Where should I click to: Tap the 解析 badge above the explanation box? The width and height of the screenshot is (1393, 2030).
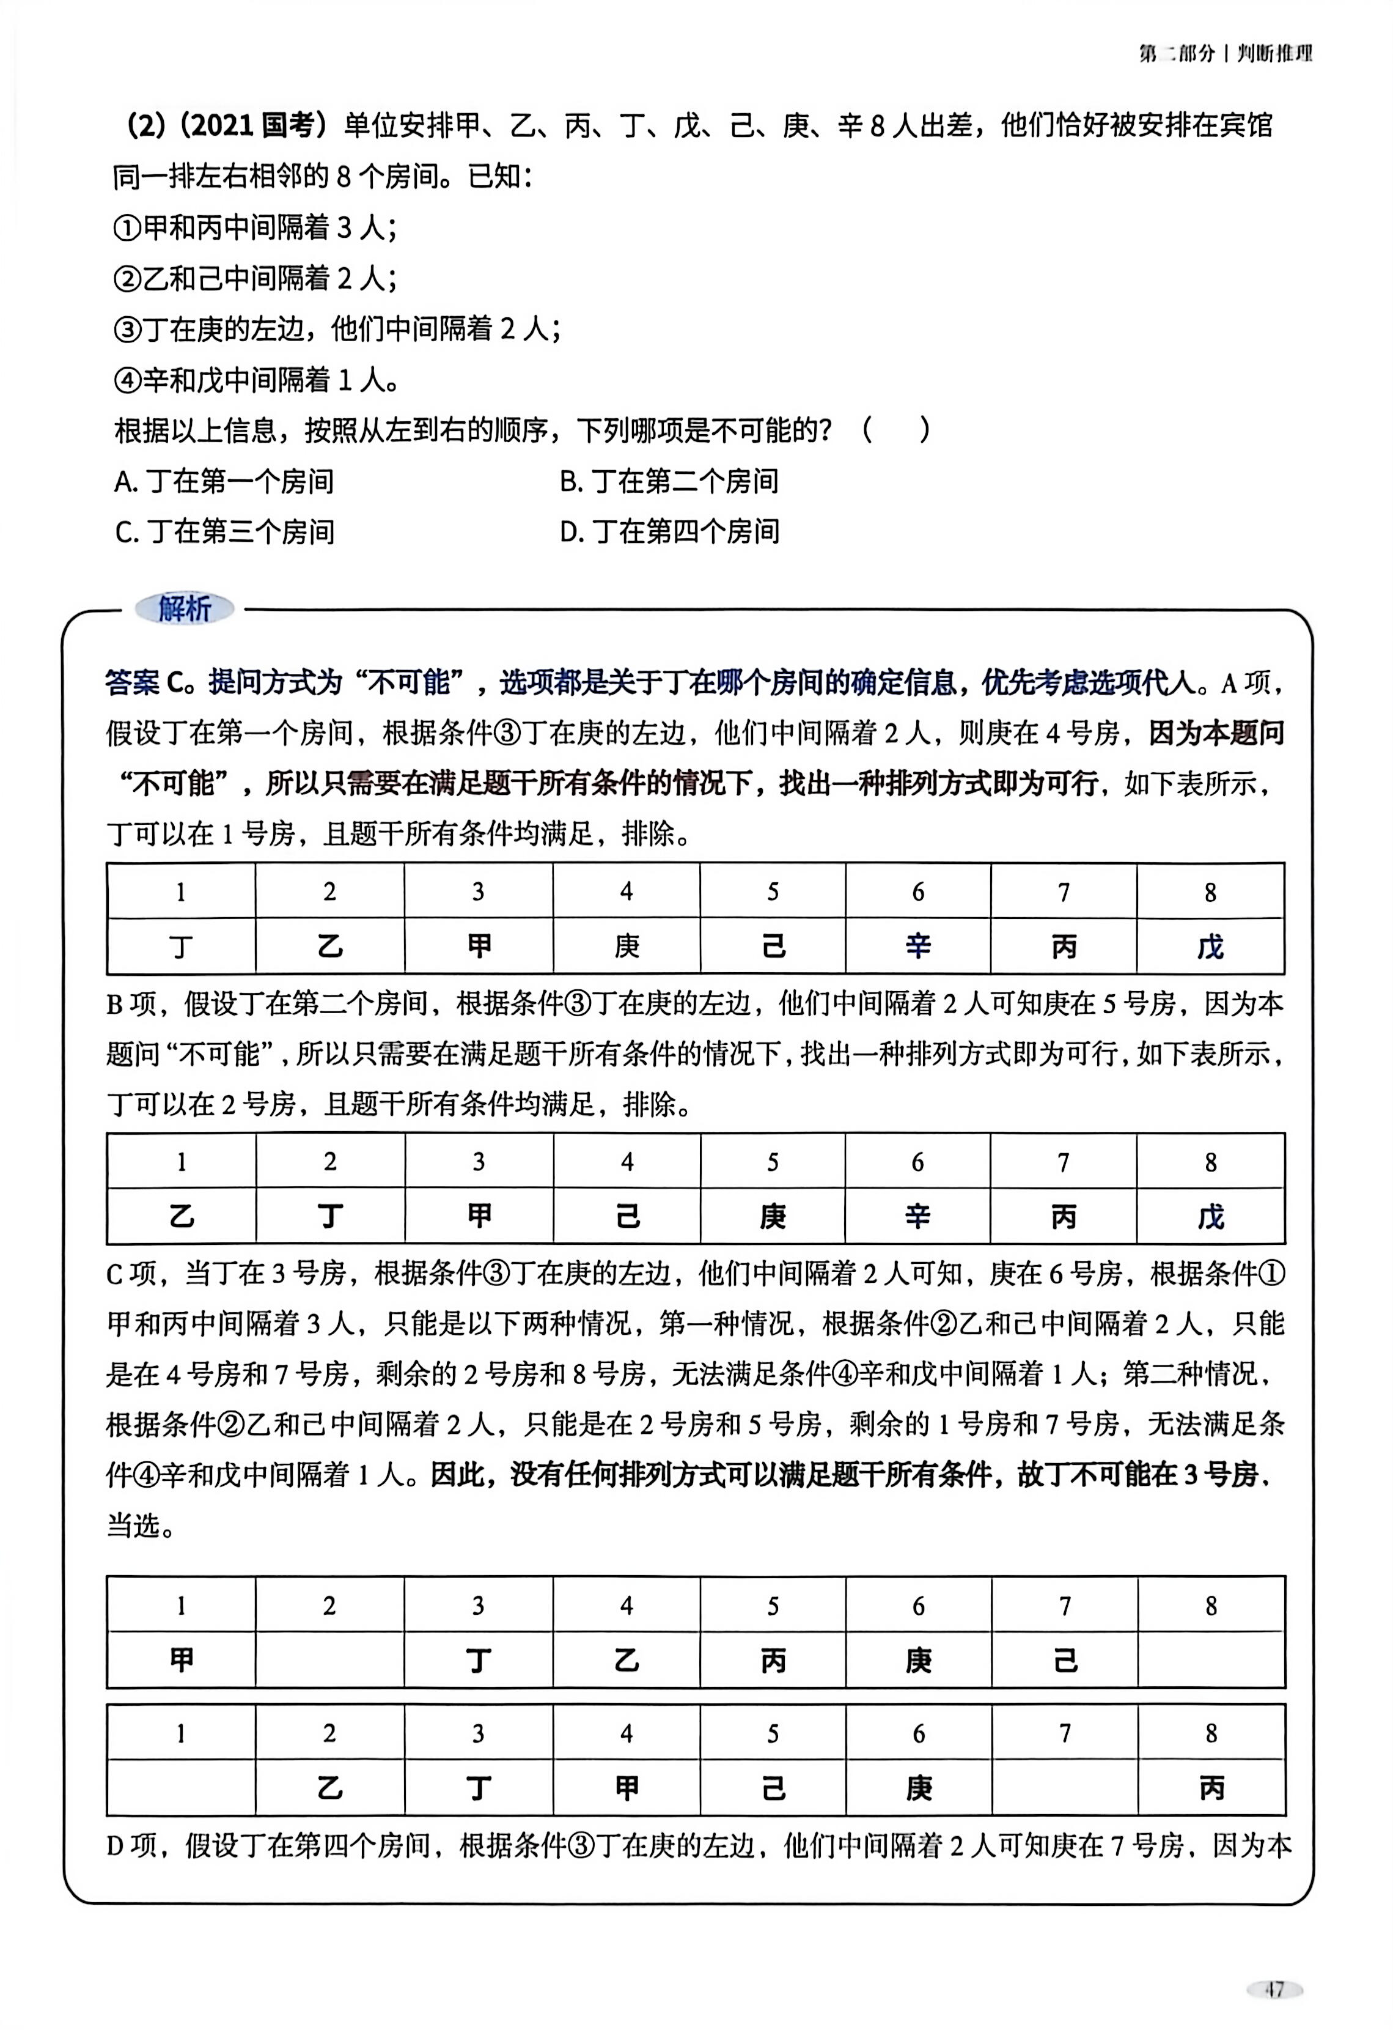184,609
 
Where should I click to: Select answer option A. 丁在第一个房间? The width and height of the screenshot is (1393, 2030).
224,481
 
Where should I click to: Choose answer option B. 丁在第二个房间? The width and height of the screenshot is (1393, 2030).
669,481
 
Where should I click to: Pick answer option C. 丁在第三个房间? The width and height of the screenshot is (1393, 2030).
224,532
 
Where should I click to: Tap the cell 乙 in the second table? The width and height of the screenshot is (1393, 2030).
181,1217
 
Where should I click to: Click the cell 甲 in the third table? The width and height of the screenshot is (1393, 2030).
181,1661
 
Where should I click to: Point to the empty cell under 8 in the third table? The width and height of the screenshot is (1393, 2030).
1211,1661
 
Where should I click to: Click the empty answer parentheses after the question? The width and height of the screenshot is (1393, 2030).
896,430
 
